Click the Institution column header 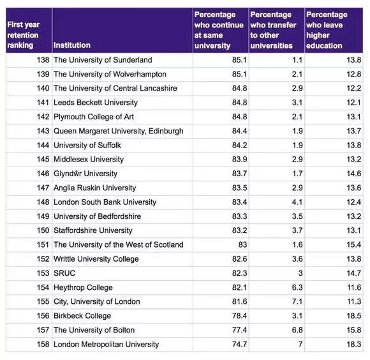click(x=72, y=45)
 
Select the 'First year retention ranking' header click(x=23, y=35)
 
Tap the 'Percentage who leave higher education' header click(x=327, y=30)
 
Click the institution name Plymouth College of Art click(x=94, y=117)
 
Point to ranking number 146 click(x=43, y=174)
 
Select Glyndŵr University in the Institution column click(x=85, y=174)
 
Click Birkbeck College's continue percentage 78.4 click(x=239, y=315)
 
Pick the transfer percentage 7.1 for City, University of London click(x=297, y=301)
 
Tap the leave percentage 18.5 click(x=353, y=315)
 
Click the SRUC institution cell click(x=64, y=273)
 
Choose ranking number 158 click(x=43, y=344)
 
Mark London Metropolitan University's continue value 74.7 click(x=239, y=344)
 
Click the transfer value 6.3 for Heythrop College click(x=297, y=287)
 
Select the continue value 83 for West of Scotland click(x=243, y=244)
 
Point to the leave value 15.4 click(x=353, y=244)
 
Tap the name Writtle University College click(x=96, y=259)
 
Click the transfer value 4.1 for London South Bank click(x=297, y=202)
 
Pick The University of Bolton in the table click(x=94, y=330)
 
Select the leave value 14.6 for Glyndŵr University click(x=353, y=174)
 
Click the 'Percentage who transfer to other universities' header click(x=273, y=30)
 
